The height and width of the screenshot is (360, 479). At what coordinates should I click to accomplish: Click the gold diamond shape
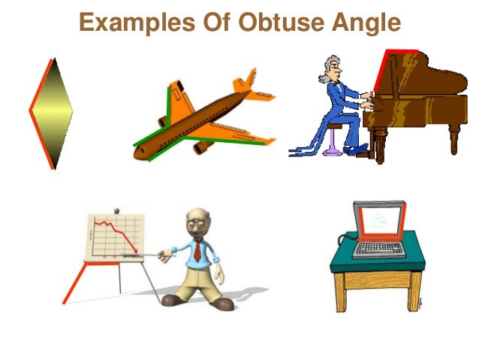click(x=51, y=113)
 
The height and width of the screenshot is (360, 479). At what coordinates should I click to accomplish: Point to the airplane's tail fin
click(x=244, y=83)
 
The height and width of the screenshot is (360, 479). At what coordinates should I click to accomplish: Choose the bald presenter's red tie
click(x=197, y=252)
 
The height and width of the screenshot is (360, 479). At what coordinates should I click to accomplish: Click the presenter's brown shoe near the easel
click(x=175, y=299)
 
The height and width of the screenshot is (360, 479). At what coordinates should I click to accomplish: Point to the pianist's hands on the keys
click(x=366, y=100)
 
